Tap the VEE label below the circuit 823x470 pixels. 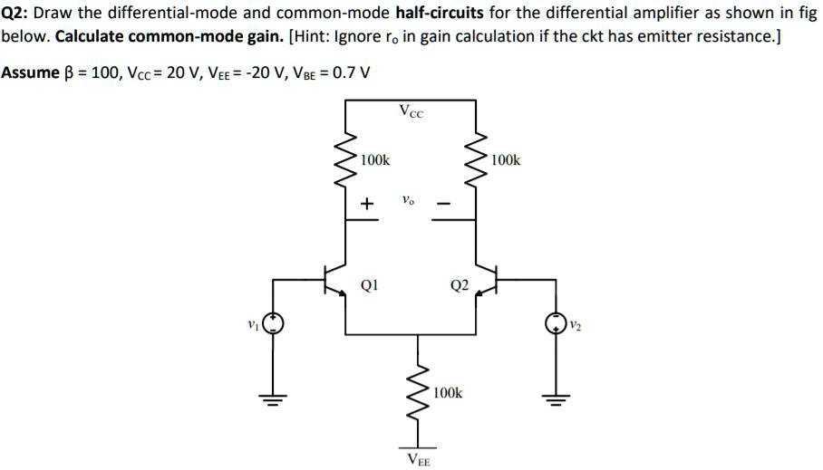419,459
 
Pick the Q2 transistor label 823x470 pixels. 459,286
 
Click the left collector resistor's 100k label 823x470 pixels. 375,160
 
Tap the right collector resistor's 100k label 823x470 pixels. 506,160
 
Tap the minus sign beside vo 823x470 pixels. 444,205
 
